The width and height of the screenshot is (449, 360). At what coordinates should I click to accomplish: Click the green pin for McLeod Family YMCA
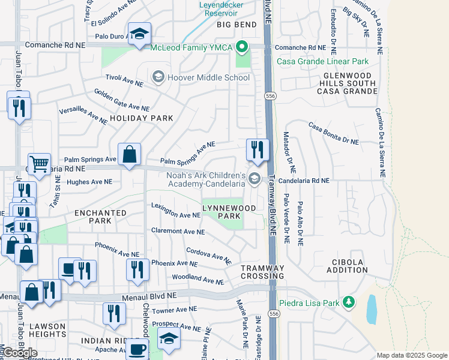(242, 47)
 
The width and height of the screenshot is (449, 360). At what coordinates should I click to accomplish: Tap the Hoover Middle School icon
(158, 77)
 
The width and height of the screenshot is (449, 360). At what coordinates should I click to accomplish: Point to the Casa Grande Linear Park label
(322, 61)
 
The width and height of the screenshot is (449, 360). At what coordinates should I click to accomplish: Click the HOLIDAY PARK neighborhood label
(142, 118)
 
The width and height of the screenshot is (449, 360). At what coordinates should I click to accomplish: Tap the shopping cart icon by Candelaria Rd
(39, 163)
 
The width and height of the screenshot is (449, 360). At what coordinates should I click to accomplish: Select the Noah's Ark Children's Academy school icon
(255, 178)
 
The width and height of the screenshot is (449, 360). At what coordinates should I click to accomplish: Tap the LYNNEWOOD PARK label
(228, 212)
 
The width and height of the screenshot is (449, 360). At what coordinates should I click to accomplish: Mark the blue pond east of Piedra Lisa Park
(372, 308)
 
